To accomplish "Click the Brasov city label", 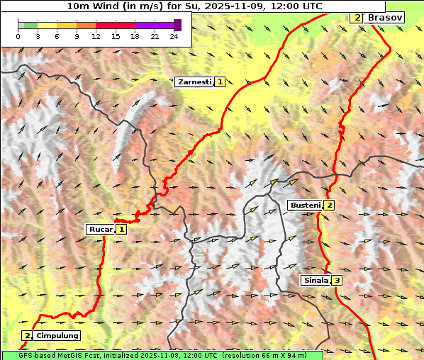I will [385, 17].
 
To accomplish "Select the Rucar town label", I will [100, 229].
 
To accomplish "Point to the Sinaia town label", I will [316, 280].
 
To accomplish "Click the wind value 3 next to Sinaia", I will [337, 280].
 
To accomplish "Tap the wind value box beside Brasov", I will [357, 17].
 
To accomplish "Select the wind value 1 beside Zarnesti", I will [221, 82].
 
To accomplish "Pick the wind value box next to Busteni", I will [329, 206].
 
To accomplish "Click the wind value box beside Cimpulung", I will [27, 335].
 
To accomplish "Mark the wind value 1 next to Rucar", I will [121, 229].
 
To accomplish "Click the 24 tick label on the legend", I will [174, 35].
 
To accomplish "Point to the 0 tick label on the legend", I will [18, 35].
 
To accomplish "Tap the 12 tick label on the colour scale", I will [96, 35].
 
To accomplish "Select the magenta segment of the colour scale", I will [154, 25].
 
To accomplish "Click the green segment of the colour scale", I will [28, 25].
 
